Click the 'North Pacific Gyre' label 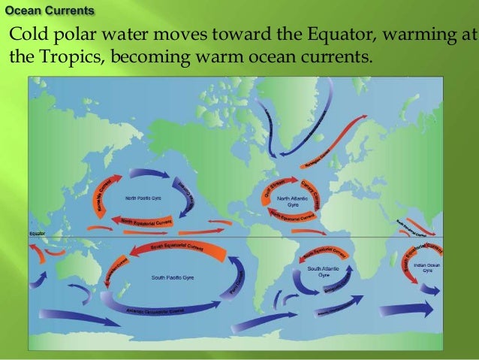(x=141, y=200)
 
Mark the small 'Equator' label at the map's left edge (x=38, y=234)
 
